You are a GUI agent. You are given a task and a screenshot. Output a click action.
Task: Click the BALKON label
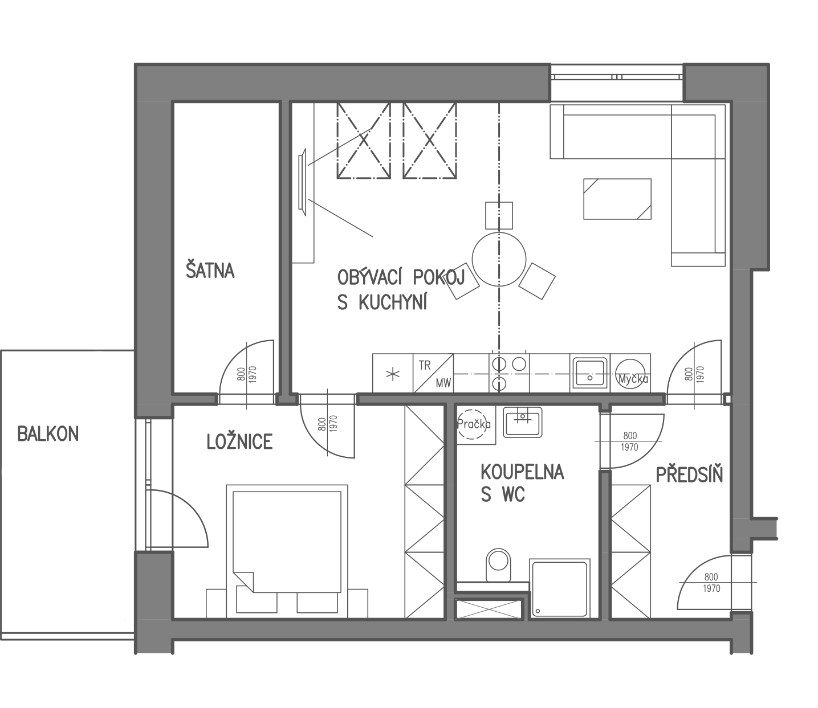coord(48,434)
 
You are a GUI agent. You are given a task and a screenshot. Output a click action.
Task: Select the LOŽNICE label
coord(240,441)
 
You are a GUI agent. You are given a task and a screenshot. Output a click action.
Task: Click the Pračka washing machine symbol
coord(474,424)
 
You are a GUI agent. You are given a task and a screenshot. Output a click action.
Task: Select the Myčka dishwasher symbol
coord(631,373)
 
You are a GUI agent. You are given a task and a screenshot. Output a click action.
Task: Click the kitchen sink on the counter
coord(589,372)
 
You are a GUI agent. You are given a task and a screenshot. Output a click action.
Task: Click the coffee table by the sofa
coord(617,199)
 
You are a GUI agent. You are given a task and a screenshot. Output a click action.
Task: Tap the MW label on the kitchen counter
coord(443,382)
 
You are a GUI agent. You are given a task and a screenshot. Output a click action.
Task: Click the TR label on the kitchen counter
coord(424,366)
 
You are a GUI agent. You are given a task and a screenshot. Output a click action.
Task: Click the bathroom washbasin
coord(523,422)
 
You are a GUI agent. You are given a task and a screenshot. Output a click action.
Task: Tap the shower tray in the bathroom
coord(560,588)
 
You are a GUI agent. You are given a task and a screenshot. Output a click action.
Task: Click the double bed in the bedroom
coord(287,551)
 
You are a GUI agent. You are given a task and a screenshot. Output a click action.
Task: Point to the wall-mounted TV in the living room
coord(302,182)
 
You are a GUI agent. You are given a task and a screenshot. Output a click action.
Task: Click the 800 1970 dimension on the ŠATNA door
coord(247,374)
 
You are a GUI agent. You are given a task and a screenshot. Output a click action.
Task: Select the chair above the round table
coord(499,215)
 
